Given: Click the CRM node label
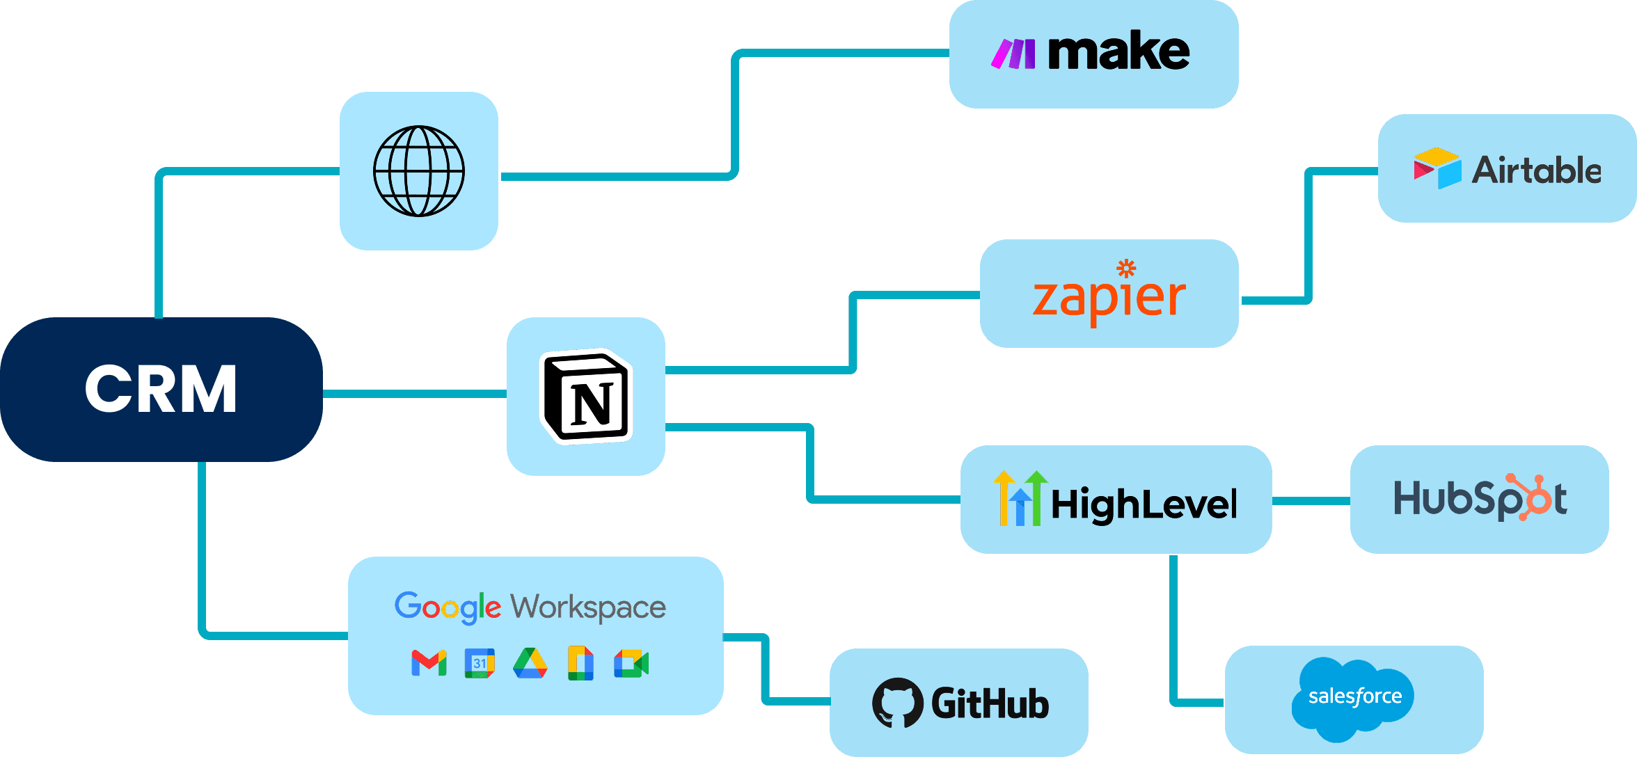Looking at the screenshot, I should pos(161,390).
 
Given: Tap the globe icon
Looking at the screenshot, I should pos(419,171).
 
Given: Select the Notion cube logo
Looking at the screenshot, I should pos(586,397).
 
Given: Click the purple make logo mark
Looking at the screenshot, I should pos(1013,54).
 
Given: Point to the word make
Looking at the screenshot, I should pos(1118,52).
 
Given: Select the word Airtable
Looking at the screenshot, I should pos(1537,170).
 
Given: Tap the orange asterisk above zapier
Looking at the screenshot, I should pos(1126,269).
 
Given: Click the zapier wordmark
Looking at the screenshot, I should pos(1109,298).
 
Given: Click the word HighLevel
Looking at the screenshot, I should pos(1144,504).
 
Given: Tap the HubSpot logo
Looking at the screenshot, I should pos(1480,499).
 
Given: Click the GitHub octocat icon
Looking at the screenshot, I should pos(898,703).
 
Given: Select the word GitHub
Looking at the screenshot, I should pos(990,703).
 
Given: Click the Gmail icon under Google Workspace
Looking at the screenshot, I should pos(429,663).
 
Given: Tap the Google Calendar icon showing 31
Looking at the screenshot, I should pos(480,663).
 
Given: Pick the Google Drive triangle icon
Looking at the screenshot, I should pos(530,663).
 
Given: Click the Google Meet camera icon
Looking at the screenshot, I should pos(631,663).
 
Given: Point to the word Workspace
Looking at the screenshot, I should pos(588,607).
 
